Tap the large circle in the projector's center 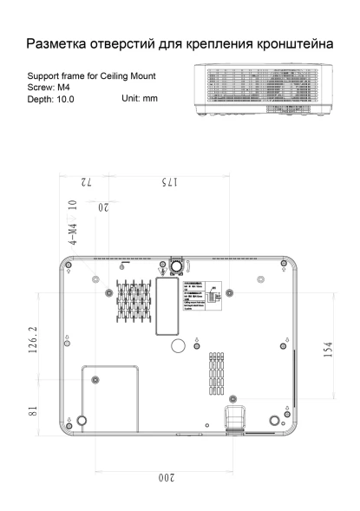tap(178, 345)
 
